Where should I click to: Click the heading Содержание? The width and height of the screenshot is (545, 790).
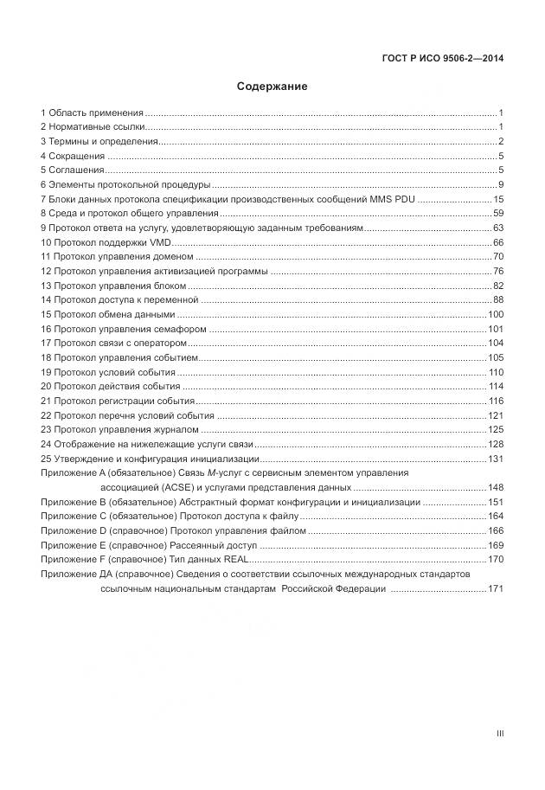click(272, 87)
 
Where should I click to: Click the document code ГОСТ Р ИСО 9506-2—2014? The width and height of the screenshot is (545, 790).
click(442, 59)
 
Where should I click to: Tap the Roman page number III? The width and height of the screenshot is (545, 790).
click(499, 734)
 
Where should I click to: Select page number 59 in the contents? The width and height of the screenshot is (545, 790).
click(498, 213)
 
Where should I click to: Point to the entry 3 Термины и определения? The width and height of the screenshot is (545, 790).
click(99, 141)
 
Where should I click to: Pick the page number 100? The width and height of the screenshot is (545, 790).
click(496, 314)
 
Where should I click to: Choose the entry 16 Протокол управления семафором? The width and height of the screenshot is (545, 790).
click(124, 329)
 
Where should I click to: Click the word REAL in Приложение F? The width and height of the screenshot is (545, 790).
click(234, 560)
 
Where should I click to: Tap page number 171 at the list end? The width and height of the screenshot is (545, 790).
click(496, 589)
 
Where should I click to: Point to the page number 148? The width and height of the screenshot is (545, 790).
click(496, 488)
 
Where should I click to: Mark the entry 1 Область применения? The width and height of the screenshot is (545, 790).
click(92, 112)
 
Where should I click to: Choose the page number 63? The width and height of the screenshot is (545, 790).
click(498, 228)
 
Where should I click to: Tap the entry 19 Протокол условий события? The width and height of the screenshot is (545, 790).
click(107, 372)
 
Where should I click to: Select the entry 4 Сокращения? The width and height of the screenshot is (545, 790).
click(72, 156)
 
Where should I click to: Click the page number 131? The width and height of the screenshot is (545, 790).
click(496, 459)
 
